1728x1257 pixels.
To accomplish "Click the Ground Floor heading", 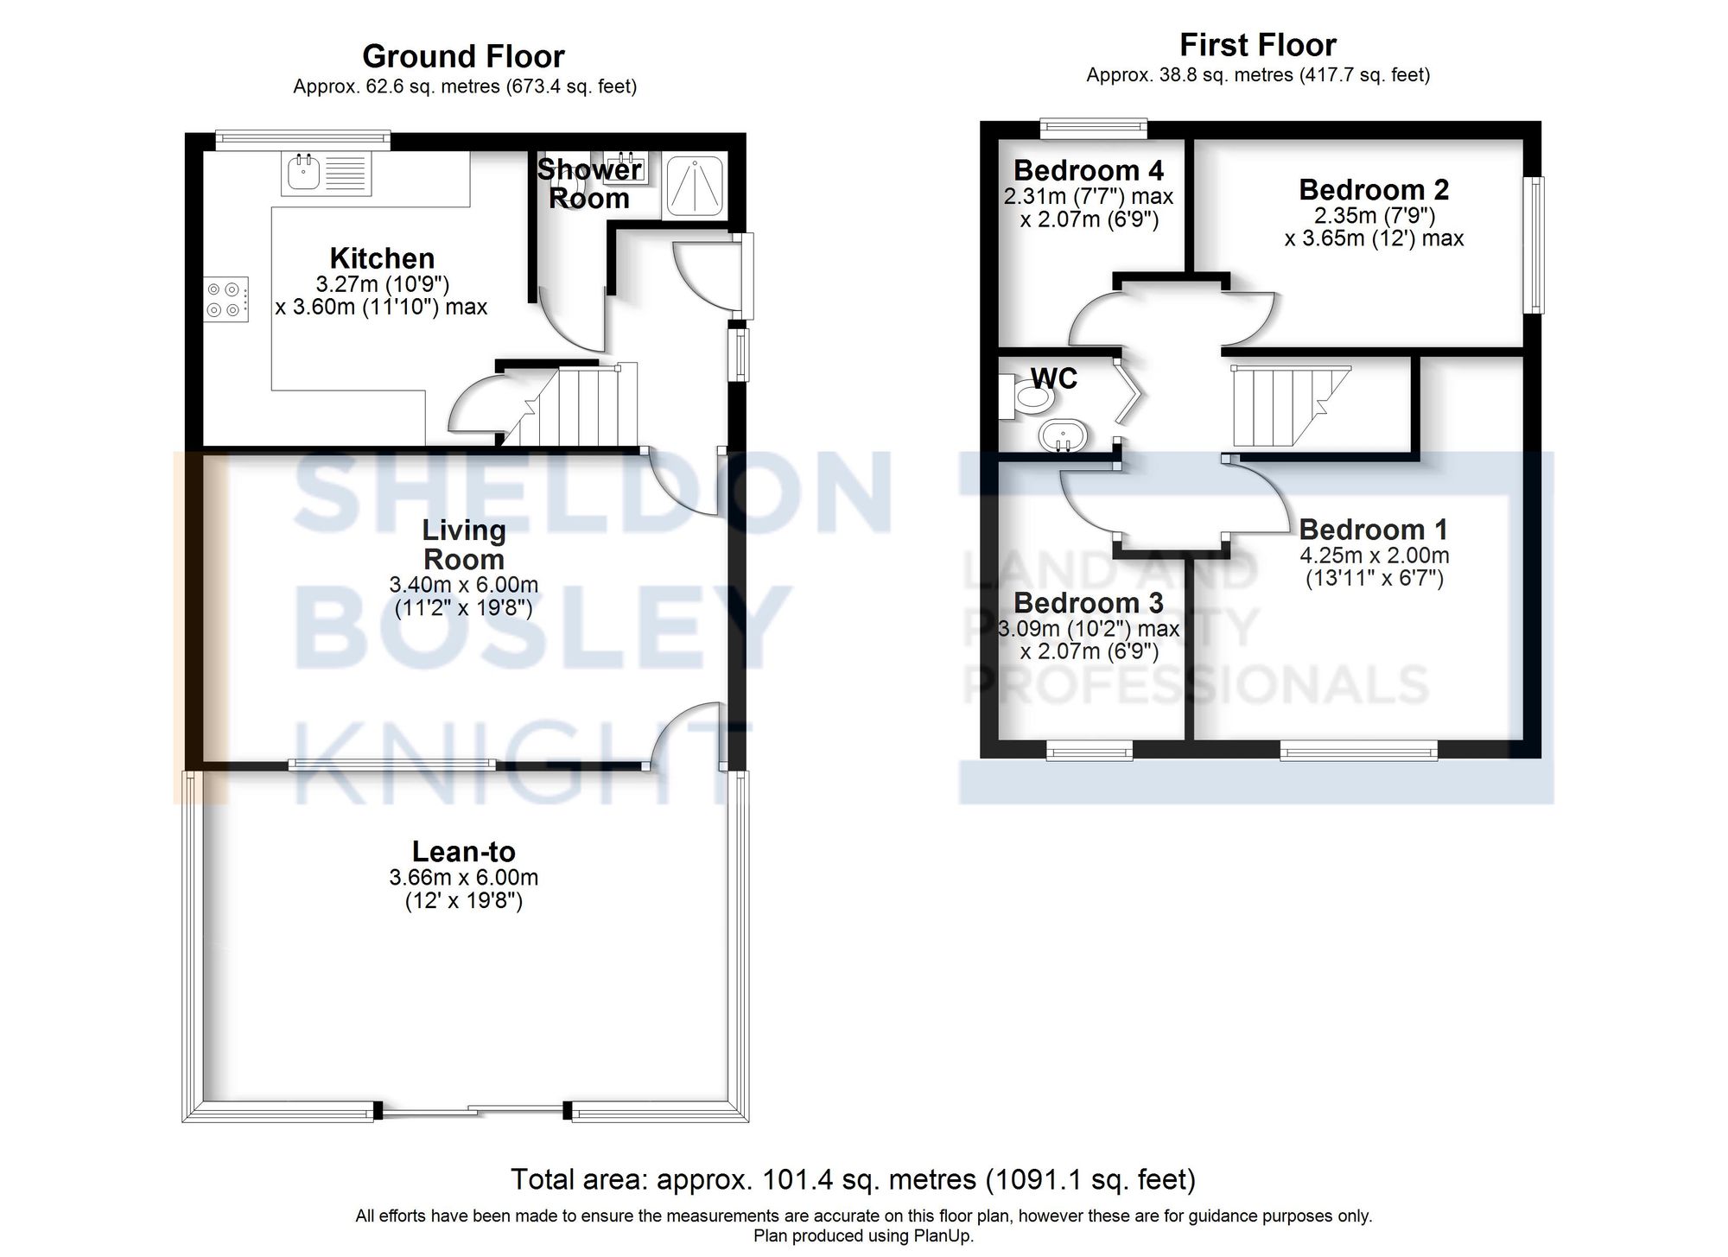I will pyautogui.click(x=463, y=56).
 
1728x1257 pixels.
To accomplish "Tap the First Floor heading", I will pyautogui.click(x=1257, y=45).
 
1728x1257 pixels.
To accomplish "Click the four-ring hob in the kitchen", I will pyautogui.click(x=226, y=299).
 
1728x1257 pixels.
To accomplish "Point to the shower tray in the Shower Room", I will pyautogui.click(x=695, y=185).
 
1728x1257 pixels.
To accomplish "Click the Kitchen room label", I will pyautogui.click(x=382, y=258).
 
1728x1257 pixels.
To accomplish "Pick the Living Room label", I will pyautogui.click(x=463, y=544).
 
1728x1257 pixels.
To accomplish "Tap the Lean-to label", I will pyautogui.click(x=463, y=852).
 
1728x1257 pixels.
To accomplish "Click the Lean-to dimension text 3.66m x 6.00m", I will pyautogui.click(x=463, y=878).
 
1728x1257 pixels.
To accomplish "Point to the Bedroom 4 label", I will pyautogui.click(x=1088, y=170).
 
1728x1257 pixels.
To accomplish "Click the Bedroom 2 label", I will pyautogui.click(x=1373, y=189).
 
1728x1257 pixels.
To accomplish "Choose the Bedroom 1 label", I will pyautogui.click(x=1373, y=529).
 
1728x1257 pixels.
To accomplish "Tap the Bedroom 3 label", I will pyautogui.click(x=1088, y=602).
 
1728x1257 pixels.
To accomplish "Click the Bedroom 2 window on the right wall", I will pyautogui.click(x=1534, y=244).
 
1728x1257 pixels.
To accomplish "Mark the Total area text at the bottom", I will pyautogui.click(x=853, y=1179).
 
